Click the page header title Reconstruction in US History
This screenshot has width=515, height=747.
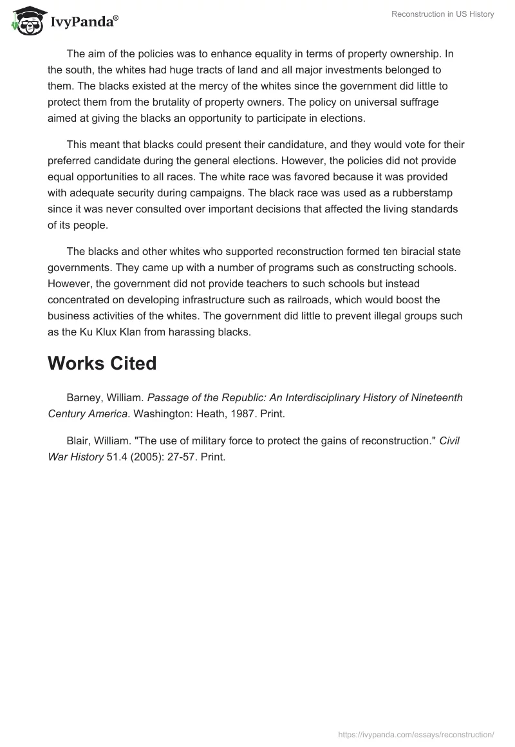pyautogui.click(x=442, y=14)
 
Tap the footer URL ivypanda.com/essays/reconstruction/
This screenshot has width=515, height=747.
pyautogui.click(x=416, y=734)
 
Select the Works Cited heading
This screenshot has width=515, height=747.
pyautogui.click(x=102, y=363)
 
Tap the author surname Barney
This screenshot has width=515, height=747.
pyautogui.click(x=83, y=398)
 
